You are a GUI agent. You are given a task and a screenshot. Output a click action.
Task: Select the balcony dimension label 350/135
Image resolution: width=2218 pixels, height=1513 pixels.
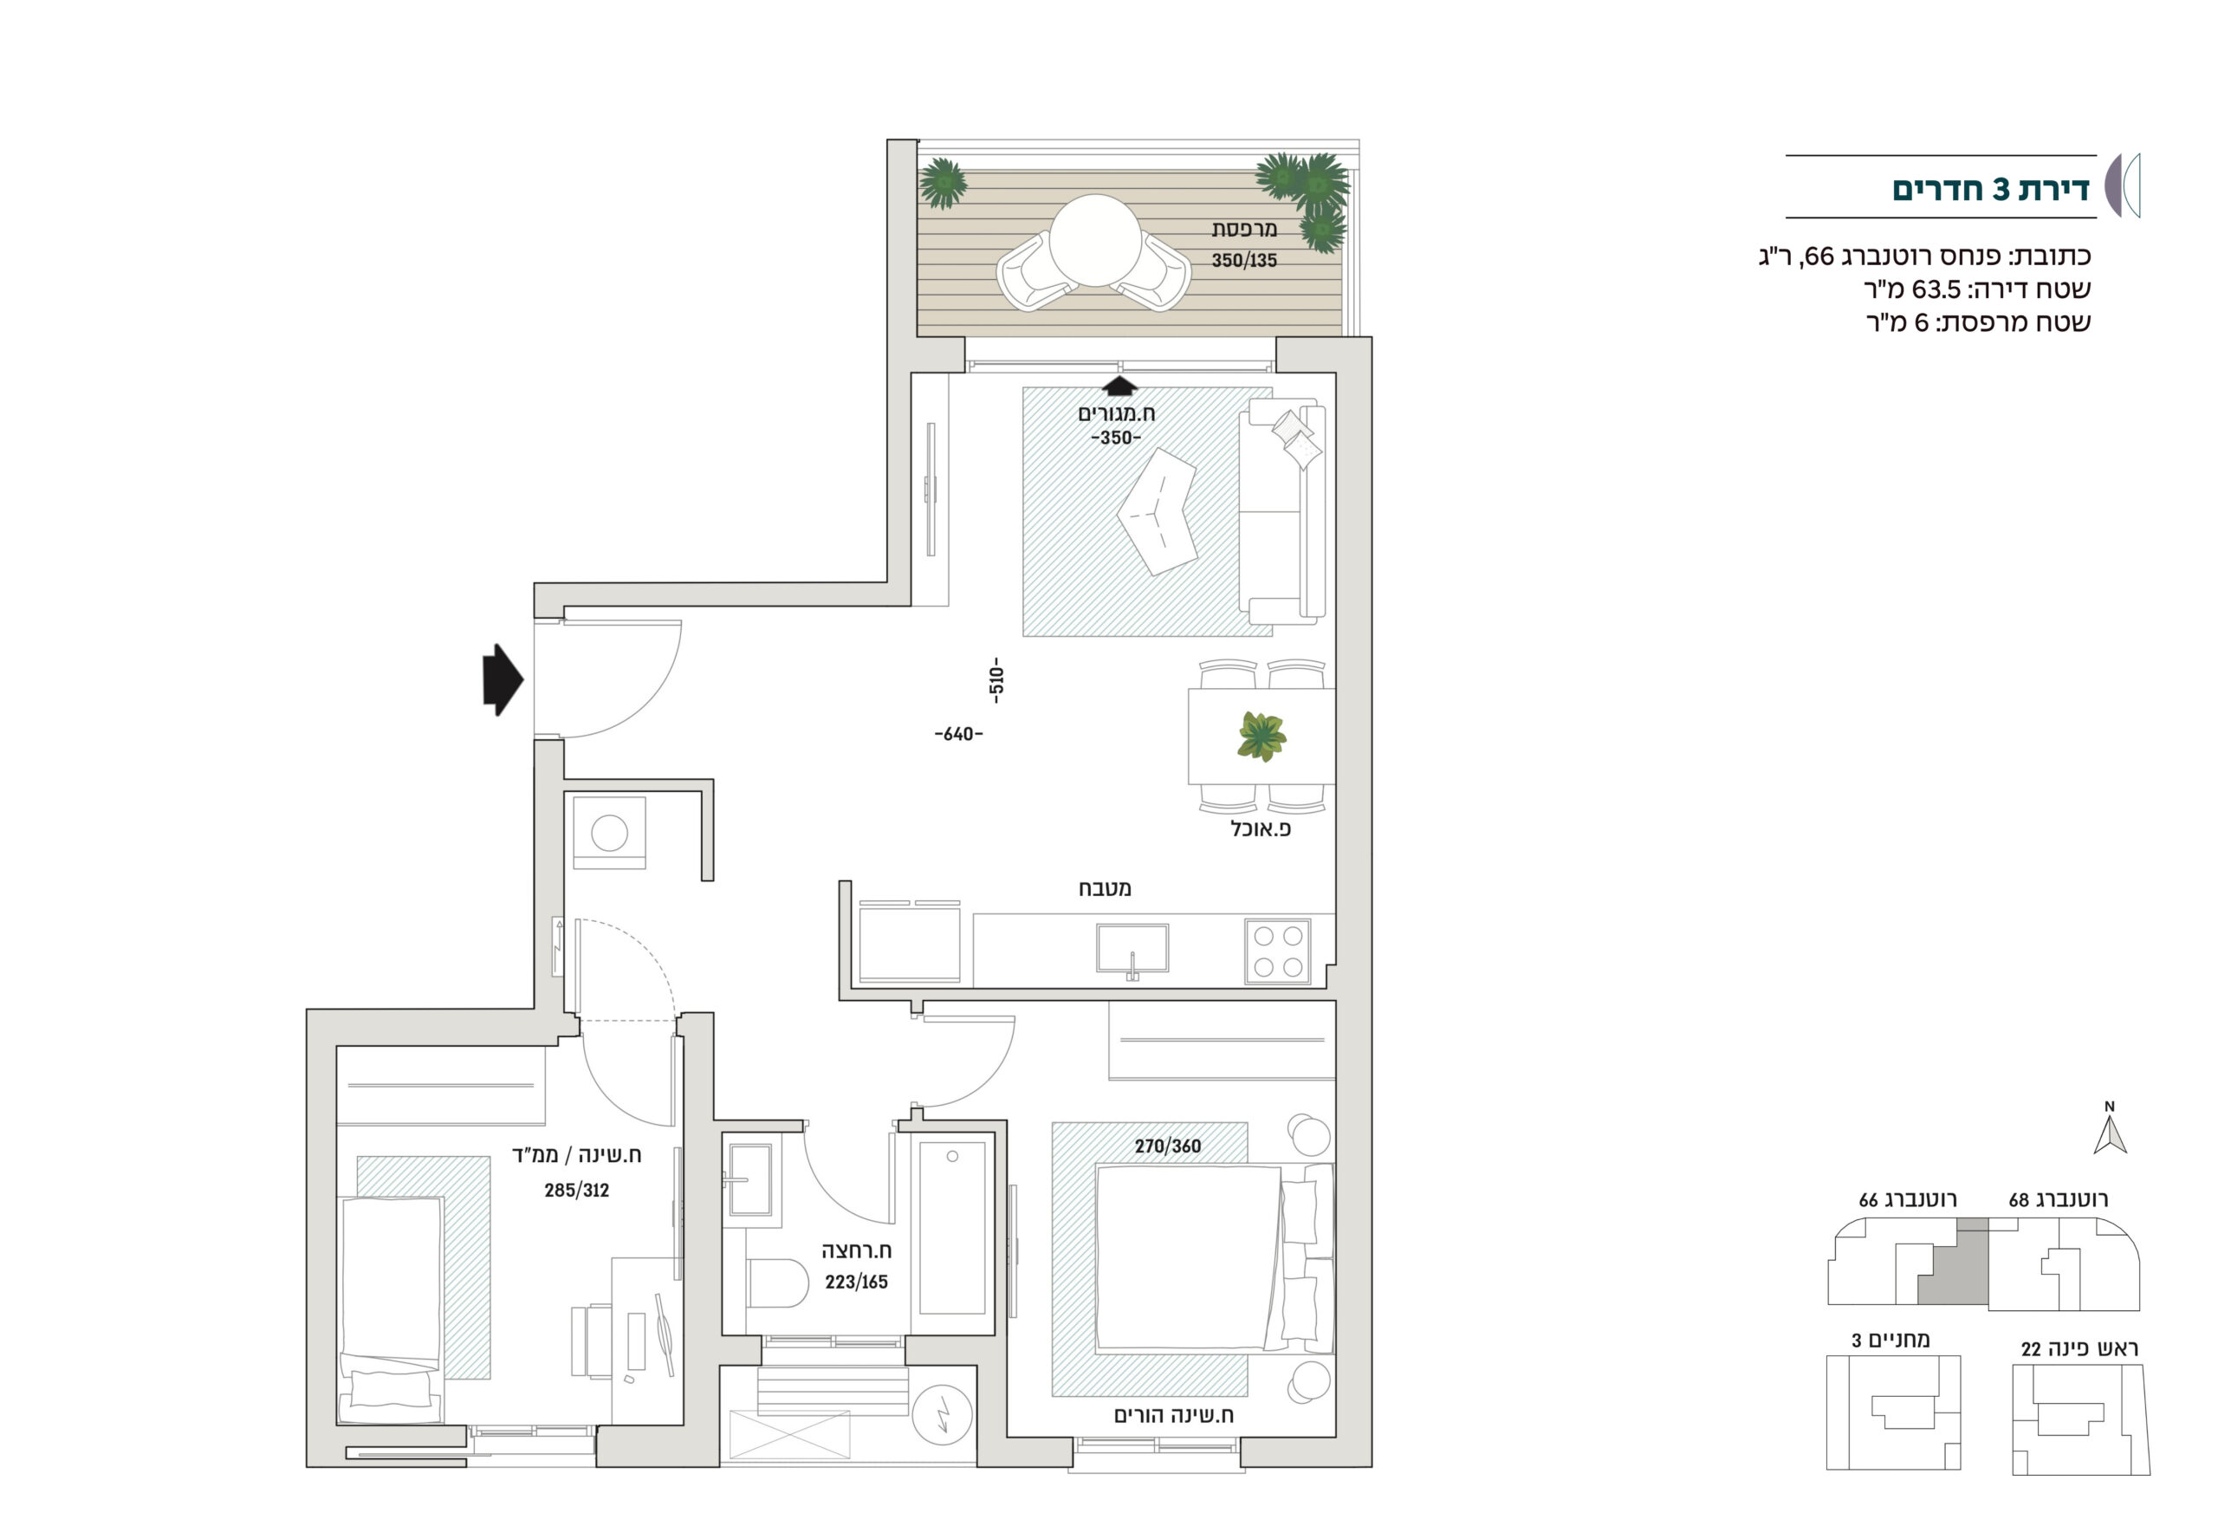(x=1243, y=261)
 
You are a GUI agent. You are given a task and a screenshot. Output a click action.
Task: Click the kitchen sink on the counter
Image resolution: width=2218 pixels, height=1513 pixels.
(x=1132, y=949)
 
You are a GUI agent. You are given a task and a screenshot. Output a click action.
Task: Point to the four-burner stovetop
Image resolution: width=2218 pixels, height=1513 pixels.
(x=1278, y=951)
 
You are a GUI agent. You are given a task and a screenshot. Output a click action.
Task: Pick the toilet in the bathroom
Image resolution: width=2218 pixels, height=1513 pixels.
(x=777, y=1283)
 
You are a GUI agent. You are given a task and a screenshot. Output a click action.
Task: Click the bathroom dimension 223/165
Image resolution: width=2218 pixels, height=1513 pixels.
(x=856, y=1282)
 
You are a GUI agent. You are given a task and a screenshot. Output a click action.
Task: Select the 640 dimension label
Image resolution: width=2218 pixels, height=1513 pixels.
(x=958, y=734)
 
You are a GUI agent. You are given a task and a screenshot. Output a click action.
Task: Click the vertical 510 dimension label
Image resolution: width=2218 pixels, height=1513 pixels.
(x=996, y=679)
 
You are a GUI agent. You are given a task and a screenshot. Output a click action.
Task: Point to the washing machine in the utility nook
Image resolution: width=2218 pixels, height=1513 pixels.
(x=609, y=834)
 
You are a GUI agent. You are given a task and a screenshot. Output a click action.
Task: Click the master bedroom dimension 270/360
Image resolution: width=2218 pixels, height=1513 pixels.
(x=1167, y=1146)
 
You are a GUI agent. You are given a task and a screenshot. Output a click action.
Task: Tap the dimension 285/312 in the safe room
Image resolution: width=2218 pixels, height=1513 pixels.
(x=576, y=1191)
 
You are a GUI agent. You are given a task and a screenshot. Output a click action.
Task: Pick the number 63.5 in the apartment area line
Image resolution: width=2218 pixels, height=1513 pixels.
(x=1936, y=289)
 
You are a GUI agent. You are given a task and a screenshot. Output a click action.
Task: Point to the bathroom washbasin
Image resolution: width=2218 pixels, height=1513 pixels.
(x=750, y=1180)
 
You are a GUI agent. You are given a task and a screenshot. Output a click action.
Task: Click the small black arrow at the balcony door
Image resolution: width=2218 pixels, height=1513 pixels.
(x=1119, y=386)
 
